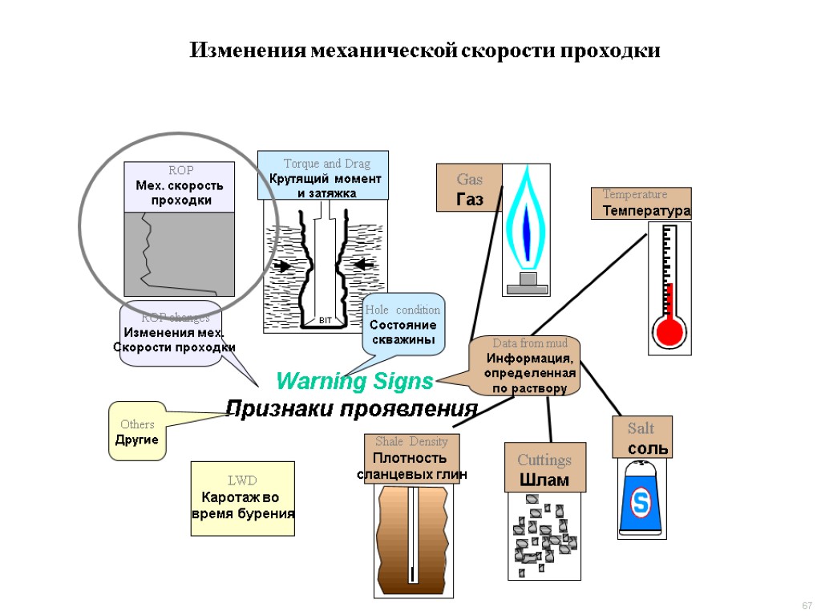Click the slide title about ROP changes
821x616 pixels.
(424, 51)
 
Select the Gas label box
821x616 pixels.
(469, 188)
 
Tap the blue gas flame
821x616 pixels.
(526, 221)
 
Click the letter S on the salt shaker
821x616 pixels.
(641, 503)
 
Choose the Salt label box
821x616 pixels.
(642, 437)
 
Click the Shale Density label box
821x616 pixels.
(411, 458)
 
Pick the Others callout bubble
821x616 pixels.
(137, 432)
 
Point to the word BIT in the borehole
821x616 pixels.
(326, 320)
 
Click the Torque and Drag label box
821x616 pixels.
(322, 175)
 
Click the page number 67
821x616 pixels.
(807, 605)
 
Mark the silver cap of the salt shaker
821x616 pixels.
(641, 468)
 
